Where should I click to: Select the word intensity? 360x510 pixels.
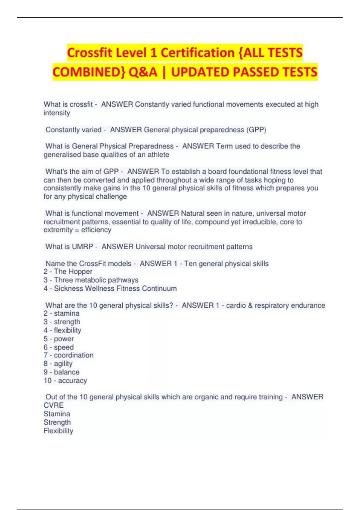click(x=57, y=113)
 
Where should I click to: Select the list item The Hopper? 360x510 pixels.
click(x=73, y=271)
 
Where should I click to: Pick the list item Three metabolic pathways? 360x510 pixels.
click(x=96, y=280)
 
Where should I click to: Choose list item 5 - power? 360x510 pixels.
click(x=59, y=339)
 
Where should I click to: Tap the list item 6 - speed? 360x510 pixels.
click(x=59, y=347)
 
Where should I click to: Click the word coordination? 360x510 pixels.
click(x=73, y=355)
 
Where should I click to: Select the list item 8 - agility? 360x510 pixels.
click(x=58, y=364)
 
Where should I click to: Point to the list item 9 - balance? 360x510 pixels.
click(x=61, y=372)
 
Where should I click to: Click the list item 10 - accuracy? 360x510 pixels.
click(x=65, y=381)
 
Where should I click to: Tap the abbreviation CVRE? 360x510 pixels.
click(x=54, y=405)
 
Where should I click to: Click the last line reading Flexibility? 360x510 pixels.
click(x=58, y=431)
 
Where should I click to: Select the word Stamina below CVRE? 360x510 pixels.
click(x=57, y=414)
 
